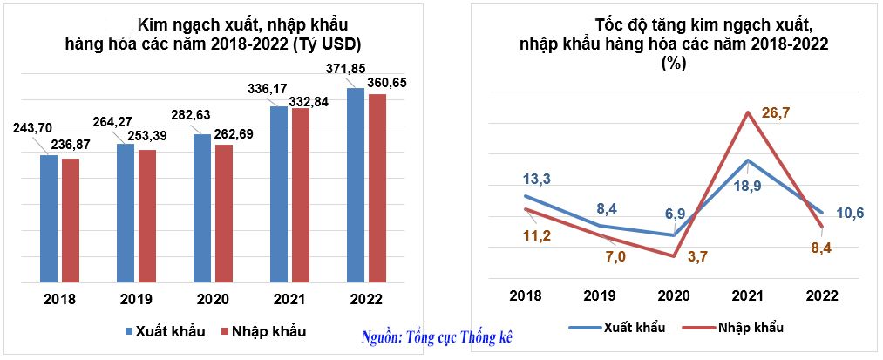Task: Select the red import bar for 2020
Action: point(223,214)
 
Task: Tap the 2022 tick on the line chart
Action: point(822,295)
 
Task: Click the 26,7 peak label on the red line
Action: point(775,112)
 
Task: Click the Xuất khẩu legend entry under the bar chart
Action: point(164,331)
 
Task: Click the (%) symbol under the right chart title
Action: point(673,63)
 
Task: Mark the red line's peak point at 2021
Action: point(748,112)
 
